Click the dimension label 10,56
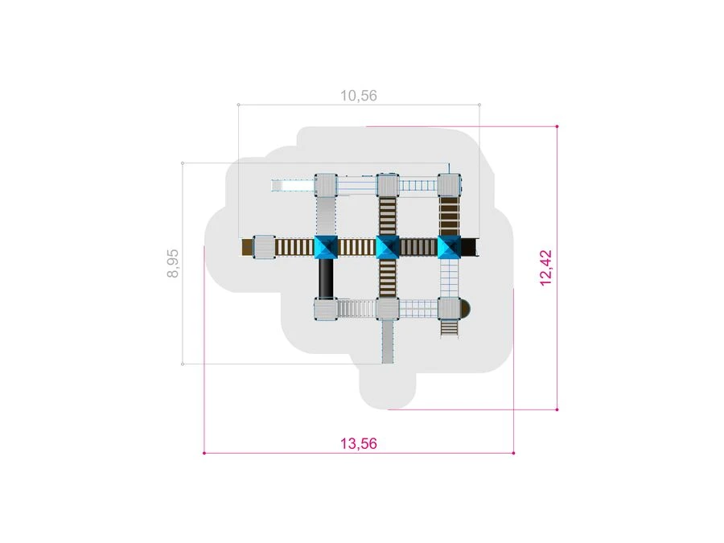(x=359, y=96)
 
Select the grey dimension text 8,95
(x=173, y=263)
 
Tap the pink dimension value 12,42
(x=545, y=268)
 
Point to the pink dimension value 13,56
(x=359, y=444)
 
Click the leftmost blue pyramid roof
(x=326, y=247)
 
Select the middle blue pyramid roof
(x=388, y=247)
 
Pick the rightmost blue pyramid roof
(x=449, y=247)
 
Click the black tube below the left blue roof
(x=326, y=278)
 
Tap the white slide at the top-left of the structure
(x=293, y=186)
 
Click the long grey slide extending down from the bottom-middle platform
(x=388, y=342)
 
